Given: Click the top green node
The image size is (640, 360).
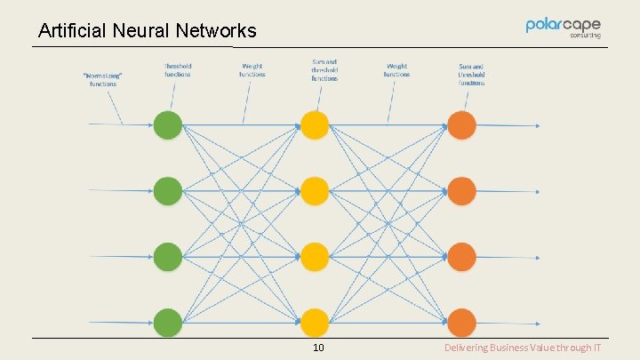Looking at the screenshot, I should click(167, 125).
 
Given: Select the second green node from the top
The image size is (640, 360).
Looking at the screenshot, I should click(167, 190).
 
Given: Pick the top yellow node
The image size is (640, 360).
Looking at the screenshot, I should click(314, 125).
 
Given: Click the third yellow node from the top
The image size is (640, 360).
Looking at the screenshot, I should click(314, 257).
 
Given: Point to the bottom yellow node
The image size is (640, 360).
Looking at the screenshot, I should click(314, 322).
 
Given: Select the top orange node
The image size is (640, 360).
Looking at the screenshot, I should click(461, 125).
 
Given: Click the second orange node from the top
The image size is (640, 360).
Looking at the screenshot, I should click(461, 190).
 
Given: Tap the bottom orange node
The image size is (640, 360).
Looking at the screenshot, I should click(461, 322).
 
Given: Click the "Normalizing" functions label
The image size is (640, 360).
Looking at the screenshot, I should click(103, 79).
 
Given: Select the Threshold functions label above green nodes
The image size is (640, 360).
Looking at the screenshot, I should click(178, 69).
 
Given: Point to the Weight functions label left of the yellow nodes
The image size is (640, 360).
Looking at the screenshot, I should click(252, 69).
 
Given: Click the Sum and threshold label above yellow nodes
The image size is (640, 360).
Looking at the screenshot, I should click(324, 70).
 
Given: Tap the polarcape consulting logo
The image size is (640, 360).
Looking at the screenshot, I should click(564, 28).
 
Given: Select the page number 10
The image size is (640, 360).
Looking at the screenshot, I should click(318, 348).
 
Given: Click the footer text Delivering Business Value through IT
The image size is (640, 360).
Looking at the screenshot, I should click(523, 348).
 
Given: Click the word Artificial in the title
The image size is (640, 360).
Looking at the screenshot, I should click(73, 31).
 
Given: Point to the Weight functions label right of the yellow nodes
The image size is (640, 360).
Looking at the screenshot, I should click(397, 69).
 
